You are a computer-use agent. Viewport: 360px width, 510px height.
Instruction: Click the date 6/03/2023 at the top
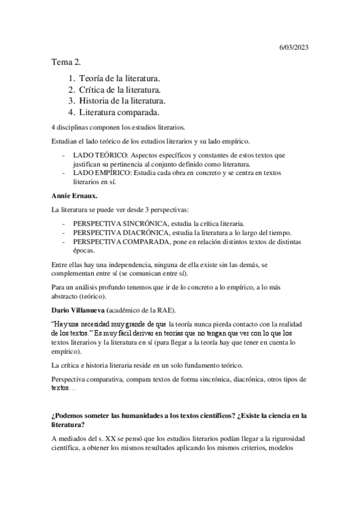[x=296, y=48]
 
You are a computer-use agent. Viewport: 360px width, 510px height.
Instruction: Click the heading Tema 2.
[x=66, y=62]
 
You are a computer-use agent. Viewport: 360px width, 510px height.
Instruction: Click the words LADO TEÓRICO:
[x=99, y=156]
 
